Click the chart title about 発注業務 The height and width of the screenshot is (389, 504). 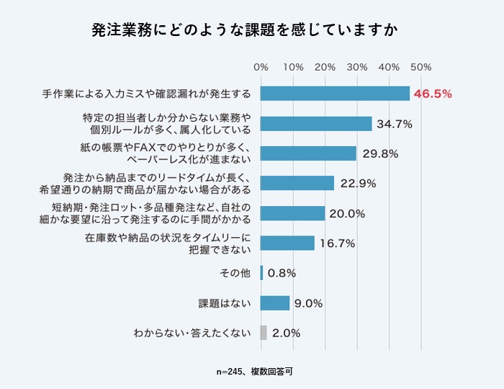click(x=251, y=31)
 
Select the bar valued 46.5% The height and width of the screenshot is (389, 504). click(x=335, y=94)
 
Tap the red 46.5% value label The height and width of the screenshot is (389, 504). click(x=433, y=94)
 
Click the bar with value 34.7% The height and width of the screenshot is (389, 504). click(x=316, y=124)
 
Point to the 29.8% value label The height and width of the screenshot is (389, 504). click(x=379, y=153)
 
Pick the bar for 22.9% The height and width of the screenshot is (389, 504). click(x=297, y=183)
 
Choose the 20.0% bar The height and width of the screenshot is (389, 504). click(x=292, y=213)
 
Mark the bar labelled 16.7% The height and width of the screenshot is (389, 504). click(x=287, y=243)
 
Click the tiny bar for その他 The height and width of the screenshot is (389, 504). click(x=261, y=273)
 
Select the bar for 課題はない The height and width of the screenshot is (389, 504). click(x=274, y=303)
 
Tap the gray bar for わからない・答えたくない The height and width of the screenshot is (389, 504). click(x=264, y=333)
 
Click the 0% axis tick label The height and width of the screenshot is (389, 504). click(x=261, y=67)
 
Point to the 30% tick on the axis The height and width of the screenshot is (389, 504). click(x=356, y=67)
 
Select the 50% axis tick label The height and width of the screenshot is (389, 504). click(x=420, y=67)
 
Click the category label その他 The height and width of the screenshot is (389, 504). click(x=235, y=273)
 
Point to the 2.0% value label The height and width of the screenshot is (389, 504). click(x=287, y=333)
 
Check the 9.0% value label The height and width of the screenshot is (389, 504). click(x=307, y=303)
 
